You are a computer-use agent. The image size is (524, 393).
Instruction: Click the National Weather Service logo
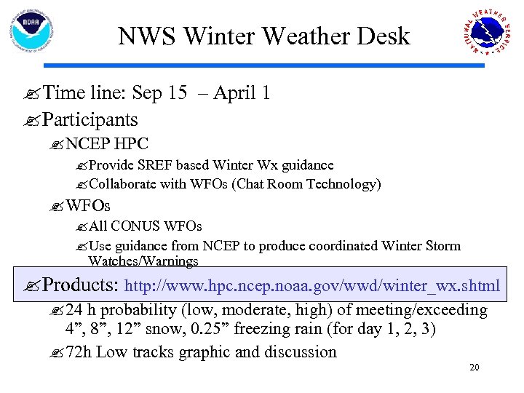coord(488,33)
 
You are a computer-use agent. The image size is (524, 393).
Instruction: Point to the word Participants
coord(90,119)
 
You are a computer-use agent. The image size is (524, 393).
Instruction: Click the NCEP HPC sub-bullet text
coord(107,145)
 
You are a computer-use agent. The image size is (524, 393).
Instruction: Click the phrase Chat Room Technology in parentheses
coord(306,184)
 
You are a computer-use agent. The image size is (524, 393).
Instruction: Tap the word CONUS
coord(135,227)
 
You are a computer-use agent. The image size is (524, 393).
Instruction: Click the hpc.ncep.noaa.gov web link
coord(313,286)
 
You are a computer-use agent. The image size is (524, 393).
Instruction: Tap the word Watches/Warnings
coord(143,261)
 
